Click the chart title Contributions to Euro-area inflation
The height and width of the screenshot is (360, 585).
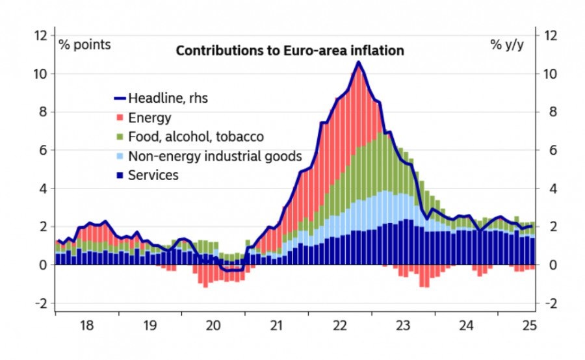point(291,50)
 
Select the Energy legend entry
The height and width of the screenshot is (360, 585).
point(149,118)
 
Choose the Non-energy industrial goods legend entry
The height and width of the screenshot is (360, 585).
point(215,156)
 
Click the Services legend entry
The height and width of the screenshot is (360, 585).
point(153,175)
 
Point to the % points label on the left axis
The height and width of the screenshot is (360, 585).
point(84,45)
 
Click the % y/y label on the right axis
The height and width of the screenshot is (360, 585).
point(506,45)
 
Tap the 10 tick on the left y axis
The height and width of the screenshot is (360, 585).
point(42,73)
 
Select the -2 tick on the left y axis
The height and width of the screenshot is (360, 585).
point(42,303)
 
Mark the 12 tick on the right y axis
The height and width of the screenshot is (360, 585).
point(550,35)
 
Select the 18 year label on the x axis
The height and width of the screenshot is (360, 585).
point(87,326)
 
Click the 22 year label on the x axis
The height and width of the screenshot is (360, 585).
point(340,326)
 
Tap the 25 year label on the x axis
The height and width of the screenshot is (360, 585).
point(528,326)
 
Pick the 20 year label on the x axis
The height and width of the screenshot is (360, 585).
point(214,326)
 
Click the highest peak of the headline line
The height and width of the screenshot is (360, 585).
point(358,62)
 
